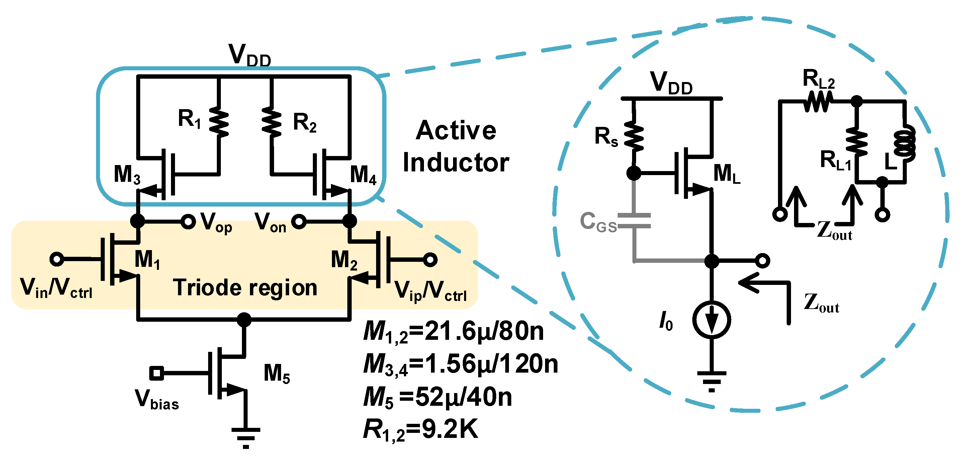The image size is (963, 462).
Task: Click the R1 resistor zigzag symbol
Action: point(219,122)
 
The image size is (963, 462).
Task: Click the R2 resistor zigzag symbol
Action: point(272,122)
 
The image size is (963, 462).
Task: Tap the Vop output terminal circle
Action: point(188,222)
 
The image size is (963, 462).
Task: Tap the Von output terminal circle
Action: point(299,222)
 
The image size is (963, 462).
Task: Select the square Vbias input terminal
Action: point(156,373)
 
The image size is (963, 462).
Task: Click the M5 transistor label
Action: point(276,374)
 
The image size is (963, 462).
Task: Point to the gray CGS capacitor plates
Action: point(634,221)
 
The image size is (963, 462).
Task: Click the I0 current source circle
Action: point(711,320)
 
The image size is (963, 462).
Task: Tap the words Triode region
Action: point(245,288)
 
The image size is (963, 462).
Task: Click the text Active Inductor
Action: point(456,147)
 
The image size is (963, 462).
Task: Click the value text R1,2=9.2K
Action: point(421,430)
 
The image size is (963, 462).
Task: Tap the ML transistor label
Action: point(726,174)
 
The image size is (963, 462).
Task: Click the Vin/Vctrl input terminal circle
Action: point(57,259)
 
